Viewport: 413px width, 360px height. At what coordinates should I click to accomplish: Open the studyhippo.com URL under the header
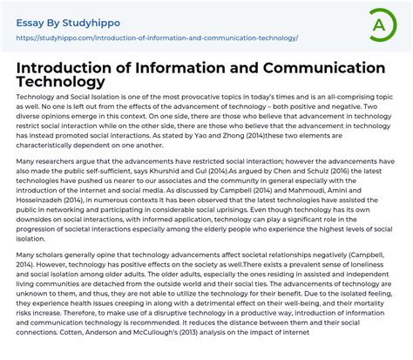pyautogui.click(x=157, y=37)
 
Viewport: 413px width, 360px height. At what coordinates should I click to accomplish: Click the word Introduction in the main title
pyautogui.click(x=76, y=67)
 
